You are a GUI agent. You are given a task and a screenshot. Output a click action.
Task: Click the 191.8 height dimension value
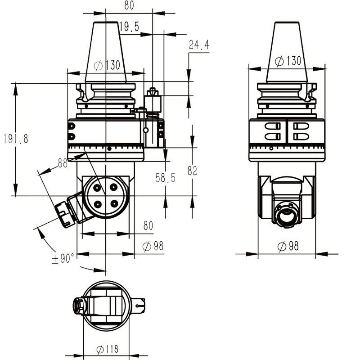coord(15,139)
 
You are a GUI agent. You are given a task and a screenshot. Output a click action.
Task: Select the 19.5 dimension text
coord(129,27)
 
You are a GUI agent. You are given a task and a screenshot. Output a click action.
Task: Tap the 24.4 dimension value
coord(199,45)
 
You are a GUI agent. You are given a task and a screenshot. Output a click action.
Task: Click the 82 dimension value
coord(193,171)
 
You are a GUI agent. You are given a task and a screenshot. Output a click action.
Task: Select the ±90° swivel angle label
coord(63,259)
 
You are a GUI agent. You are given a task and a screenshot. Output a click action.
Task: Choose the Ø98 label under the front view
coord(153,247)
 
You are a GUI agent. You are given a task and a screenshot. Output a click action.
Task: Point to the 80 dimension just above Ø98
coord(148,226)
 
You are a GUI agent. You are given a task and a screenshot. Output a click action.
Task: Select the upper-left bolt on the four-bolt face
coord(97,187)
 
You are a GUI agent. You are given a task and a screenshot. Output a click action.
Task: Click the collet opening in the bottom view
coord(77,306)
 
